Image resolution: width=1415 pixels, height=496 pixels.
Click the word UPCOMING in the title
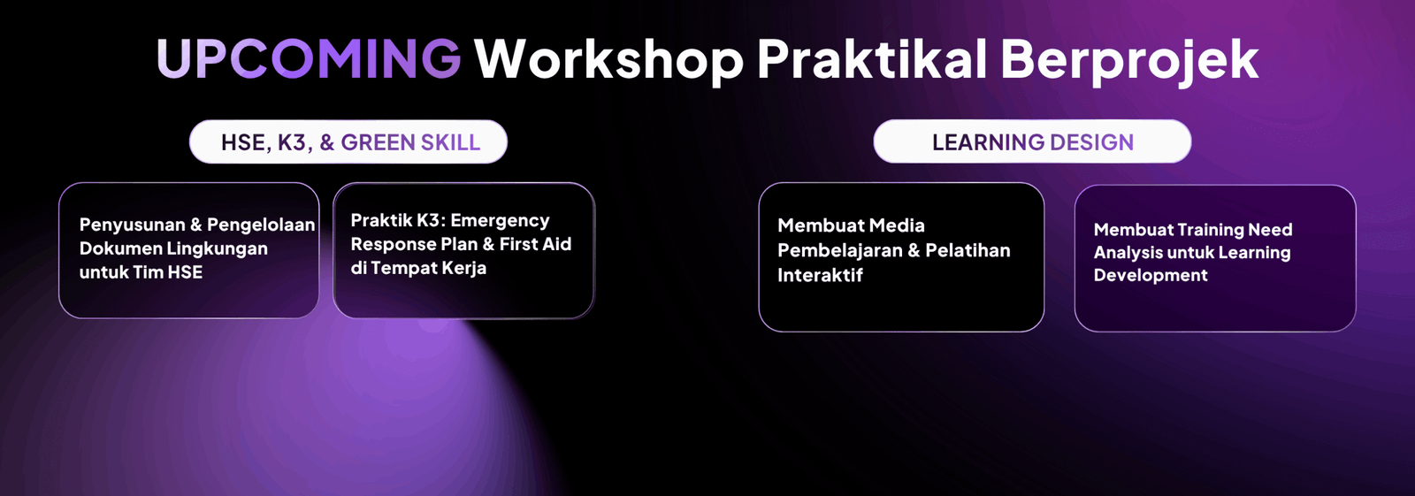click(309, 58)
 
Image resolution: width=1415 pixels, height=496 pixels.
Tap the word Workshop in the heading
click(609, 58)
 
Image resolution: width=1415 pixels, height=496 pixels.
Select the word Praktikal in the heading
click(872, 58)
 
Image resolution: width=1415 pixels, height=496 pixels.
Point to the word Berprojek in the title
click(1129, 60)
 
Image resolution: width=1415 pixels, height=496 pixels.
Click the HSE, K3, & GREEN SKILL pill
click(348, 142)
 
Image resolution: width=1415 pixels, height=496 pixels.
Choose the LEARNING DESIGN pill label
click(1032, 141)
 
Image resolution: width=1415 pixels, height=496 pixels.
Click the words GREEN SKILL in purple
click(410, 143)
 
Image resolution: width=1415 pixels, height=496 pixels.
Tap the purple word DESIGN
click(1091, 142)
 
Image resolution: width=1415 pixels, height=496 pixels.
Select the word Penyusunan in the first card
click(132, 225)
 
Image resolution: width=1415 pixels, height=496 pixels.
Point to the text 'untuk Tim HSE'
click(141, 272)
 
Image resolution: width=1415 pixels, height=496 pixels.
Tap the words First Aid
click(535, 244)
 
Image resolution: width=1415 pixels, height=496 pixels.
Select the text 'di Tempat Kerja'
click(418, 268)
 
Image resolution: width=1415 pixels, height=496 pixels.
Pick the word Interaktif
click(820, 276)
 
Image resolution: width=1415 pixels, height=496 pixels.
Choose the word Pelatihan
click(968, 250)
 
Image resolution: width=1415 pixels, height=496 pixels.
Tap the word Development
click(1151, 276)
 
